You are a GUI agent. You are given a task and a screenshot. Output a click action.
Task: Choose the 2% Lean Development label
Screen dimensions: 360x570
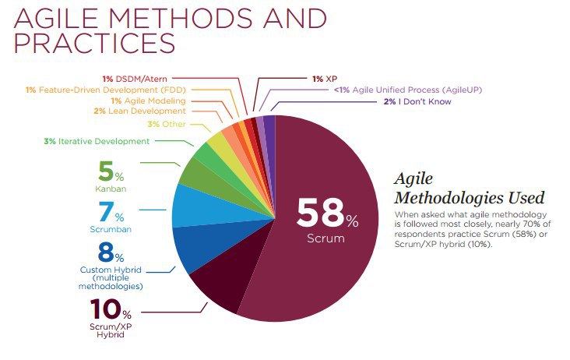point(140,111)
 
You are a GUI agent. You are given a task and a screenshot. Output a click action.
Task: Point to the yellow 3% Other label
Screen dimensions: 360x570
point(163,125)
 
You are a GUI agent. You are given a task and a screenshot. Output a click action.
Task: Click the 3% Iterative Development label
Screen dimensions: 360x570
point(97,141)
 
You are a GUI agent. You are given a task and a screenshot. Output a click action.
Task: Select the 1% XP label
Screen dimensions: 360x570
point(324,79)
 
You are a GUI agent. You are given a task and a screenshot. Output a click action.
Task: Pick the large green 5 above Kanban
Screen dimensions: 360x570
point(107,171)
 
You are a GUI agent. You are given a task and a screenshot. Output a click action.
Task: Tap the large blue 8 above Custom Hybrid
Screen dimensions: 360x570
point(107,252)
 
